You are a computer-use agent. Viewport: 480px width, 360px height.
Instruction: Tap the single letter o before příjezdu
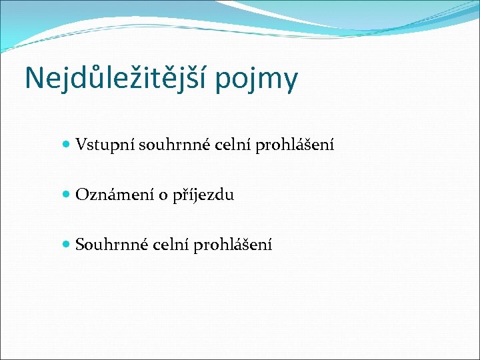(x=161, y=196)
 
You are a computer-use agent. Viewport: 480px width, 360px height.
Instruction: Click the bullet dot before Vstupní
(x=65, y=144)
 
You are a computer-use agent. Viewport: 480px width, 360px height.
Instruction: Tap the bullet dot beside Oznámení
(x=65, y=195)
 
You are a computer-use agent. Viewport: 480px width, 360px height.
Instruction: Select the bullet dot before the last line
(x=65, y=245)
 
